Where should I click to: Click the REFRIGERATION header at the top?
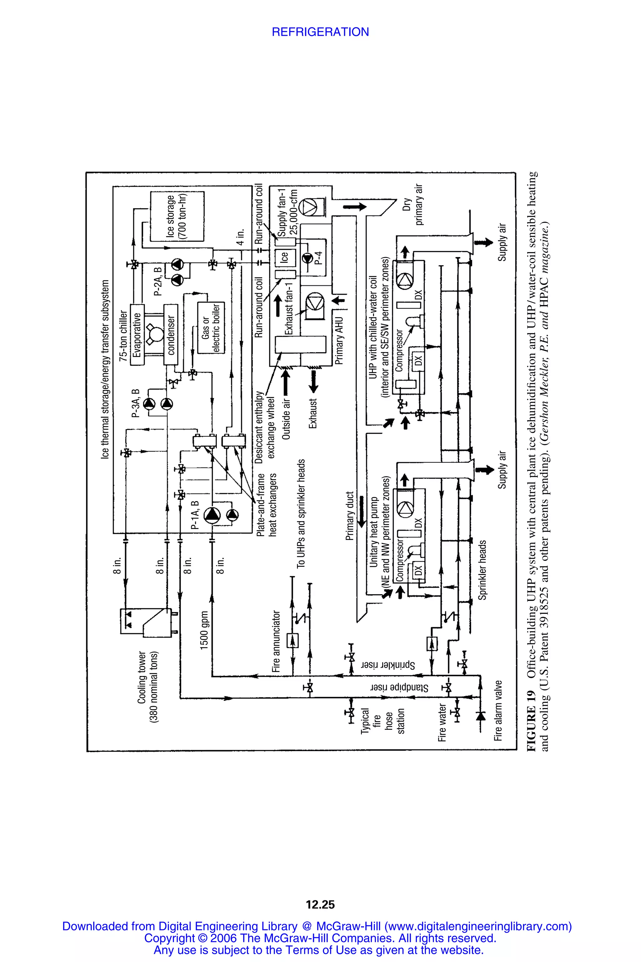pyautogui.click(x=320, y=32)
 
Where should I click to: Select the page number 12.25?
pyautogui.click(x=320, y=904)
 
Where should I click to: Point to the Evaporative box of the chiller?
pyautogui.click(x=137, y=334)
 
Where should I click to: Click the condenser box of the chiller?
pyautogui.click(x=171, y=334)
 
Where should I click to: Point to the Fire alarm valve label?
pyautogui.click(x=498, y=711)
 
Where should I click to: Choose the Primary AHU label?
pyautogui.click(x=339, y=340)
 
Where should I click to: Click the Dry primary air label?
pyautogui.click(x=413, y=204)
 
